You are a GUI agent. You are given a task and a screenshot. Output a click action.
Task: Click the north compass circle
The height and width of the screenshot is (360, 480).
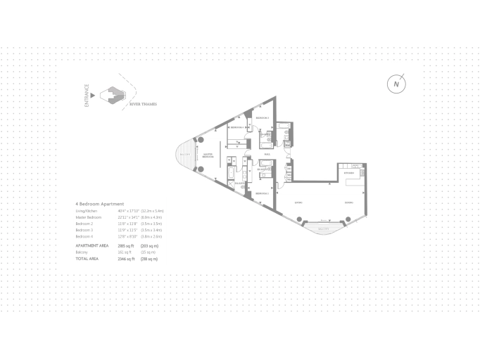coord(397,84)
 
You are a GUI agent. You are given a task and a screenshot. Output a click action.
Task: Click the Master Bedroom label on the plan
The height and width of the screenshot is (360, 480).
coord(208,156)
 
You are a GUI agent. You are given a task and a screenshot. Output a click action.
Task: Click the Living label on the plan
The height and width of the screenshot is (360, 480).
coord(298,202)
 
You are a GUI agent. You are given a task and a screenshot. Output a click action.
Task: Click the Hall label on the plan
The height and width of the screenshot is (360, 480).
coord(267,154)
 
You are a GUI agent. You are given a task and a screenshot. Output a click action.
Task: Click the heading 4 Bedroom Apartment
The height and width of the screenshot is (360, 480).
coord(100,203)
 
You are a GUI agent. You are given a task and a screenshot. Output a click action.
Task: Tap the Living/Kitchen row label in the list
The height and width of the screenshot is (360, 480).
coord(89,210)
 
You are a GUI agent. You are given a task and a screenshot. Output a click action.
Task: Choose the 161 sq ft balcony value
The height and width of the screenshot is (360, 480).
coord(126,251)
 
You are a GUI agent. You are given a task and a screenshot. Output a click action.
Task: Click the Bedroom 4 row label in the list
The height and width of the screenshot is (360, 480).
coord(84,236)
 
